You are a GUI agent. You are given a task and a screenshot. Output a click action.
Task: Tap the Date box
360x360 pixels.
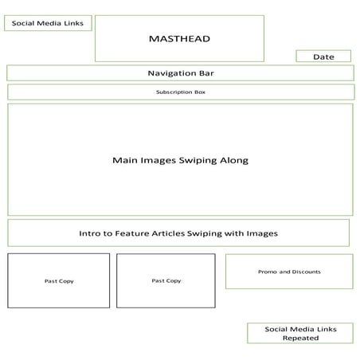323,57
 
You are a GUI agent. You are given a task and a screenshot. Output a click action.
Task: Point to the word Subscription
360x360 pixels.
172,92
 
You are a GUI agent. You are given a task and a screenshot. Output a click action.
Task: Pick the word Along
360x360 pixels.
234,160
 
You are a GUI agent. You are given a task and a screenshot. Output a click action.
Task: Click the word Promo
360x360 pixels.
268,272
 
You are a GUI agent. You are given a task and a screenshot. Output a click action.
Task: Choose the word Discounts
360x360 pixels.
307,272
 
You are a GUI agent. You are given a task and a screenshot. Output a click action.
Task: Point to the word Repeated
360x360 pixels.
300,338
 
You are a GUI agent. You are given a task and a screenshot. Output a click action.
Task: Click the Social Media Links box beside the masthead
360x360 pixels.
48,23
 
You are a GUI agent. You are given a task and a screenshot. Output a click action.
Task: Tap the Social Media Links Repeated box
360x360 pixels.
299,334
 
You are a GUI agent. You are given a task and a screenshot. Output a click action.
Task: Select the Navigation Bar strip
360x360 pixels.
180,73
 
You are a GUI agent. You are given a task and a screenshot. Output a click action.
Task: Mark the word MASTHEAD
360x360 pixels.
178,37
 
